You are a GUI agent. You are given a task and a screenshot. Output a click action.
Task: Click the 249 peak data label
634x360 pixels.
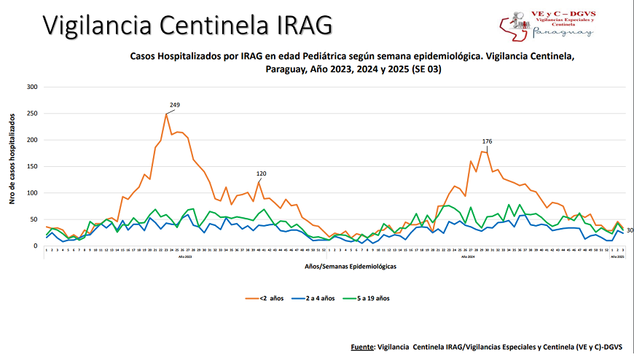(x=174, y=105)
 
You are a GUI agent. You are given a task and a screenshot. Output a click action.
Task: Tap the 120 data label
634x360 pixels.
(x=261, y=173)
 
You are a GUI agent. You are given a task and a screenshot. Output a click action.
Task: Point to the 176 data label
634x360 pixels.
(x=488, y=141)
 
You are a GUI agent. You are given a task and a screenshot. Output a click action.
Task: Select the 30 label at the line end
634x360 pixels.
(x=629, y=230)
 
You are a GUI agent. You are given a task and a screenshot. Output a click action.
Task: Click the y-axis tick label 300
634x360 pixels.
(x=32, y=87)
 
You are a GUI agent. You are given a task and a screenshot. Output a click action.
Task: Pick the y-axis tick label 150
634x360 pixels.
(x=32, y=166)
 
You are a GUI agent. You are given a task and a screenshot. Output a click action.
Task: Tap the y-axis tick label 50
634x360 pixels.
(x=34, y=219)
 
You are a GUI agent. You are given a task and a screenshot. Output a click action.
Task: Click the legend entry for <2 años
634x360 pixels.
(x=270, y=297)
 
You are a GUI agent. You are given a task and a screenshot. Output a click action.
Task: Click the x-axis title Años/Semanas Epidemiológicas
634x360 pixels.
(x=351, y=267)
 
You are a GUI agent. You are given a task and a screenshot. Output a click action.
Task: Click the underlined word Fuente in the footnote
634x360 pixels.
(x=362, y=348)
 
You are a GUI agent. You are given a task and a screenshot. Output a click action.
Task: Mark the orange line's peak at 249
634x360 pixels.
(x=166, y=114)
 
